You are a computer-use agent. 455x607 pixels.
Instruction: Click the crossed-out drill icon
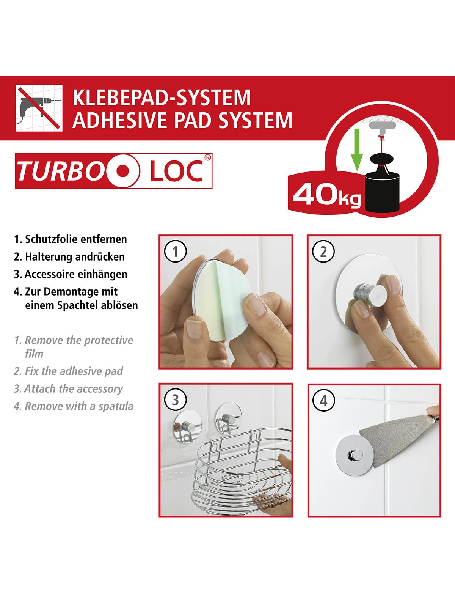click(x=39, y=108)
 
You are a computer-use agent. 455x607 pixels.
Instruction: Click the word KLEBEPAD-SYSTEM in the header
click(x=162, y=97)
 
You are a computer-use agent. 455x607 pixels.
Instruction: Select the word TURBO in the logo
click(x=61, y=171)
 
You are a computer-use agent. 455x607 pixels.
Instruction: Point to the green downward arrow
click(x=356, y=149)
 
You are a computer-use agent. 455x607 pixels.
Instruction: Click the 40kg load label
click(x=326, y=195)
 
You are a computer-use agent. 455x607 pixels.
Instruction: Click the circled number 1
click(x=175, y=252)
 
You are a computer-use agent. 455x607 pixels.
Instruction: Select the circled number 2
click(x=323, y=252)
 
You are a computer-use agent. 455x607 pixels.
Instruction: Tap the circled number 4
click(x=323, y=401)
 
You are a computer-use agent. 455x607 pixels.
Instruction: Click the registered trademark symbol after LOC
click(x=207, y=157)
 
